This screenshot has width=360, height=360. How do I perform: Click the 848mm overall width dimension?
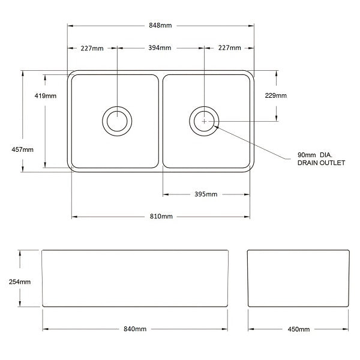coord(160,26)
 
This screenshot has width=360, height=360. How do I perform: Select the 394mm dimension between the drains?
coord(160,48)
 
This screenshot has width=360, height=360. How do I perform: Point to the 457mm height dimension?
coord(23,150)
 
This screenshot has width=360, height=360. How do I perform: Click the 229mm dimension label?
coord(276,96)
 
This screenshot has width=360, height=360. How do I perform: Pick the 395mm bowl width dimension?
coord(205,194)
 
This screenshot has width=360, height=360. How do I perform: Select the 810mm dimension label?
coord(161,217)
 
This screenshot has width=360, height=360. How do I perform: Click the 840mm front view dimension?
coord(136,329)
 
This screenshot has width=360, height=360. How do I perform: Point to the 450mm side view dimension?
coord(298,329)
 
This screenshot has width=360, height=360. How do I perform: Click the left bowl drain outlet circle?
coord(116,121)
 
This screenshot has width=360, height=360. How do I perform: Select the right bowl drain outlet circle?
coord(204,121)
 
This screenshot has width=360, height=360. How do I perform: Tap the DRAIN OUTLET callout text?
coord(321,163)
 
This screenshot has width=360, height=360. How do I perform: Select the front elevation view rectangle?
coord(136,279)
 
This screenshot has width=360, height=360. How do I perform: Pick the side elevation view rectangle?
coord(298,279)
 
